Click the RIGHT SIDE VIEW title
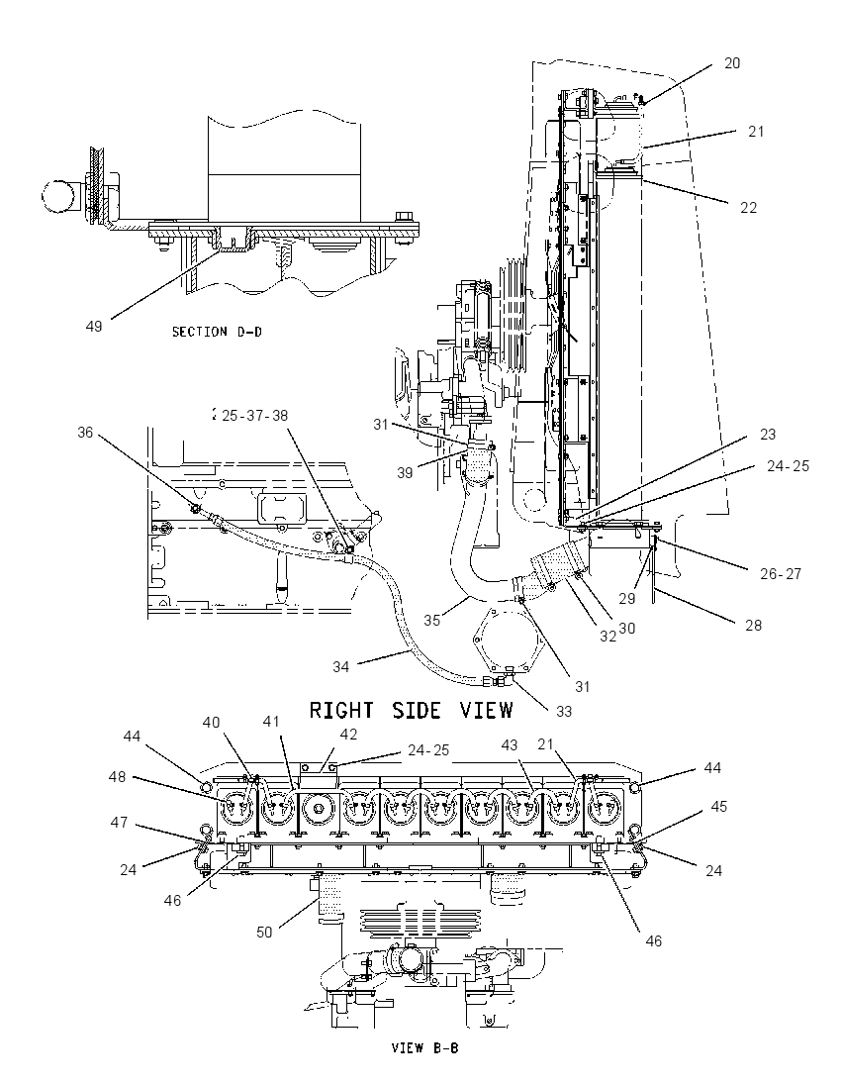[x=411, y=710]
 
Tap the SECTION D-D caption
[x=217, y=332]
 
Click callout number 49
[x=94, y=326]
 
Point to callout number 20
[x=732, y=63]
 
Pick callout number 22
[x=748, y=207]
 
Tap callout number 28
[x=753, y=625]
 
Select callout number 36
[x=85, y=433]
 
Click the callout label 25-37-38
[x=254, y=415]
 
